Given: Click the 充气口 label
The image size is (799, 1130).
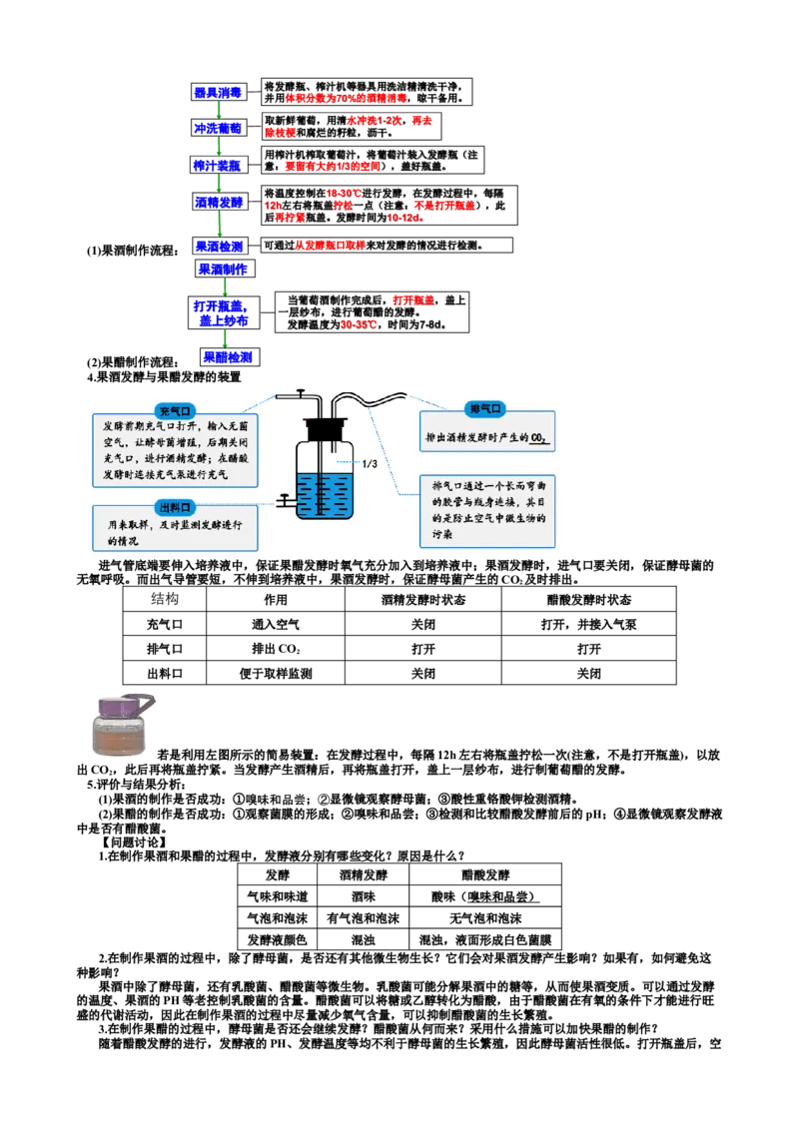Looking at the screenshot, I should [x=176, y=410].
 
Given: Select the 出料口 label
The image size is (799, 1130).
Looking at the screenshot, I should [x=176, y=506].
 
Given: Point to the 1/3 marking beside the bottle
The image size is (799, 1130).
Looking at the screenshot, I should [x=369, y=463].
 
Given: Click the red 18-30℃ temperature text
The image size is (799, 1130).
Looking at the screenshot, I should [x=343, y=192].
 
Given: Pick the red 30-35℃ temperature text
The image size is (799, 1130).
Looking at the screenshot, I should [x=358, y=324].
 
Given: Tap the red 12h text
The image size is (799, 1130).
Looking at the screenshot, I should [x=272, y=205].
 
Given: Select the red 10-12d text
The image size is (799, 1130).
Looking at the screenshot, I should [x=404, y=218].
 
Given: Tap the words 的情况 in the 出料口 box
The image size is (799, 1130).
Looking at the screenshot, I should [x=127, y=541].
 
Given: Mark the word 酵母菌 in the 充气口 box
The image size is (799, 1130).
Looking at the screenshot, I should [x=168, y=441].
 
